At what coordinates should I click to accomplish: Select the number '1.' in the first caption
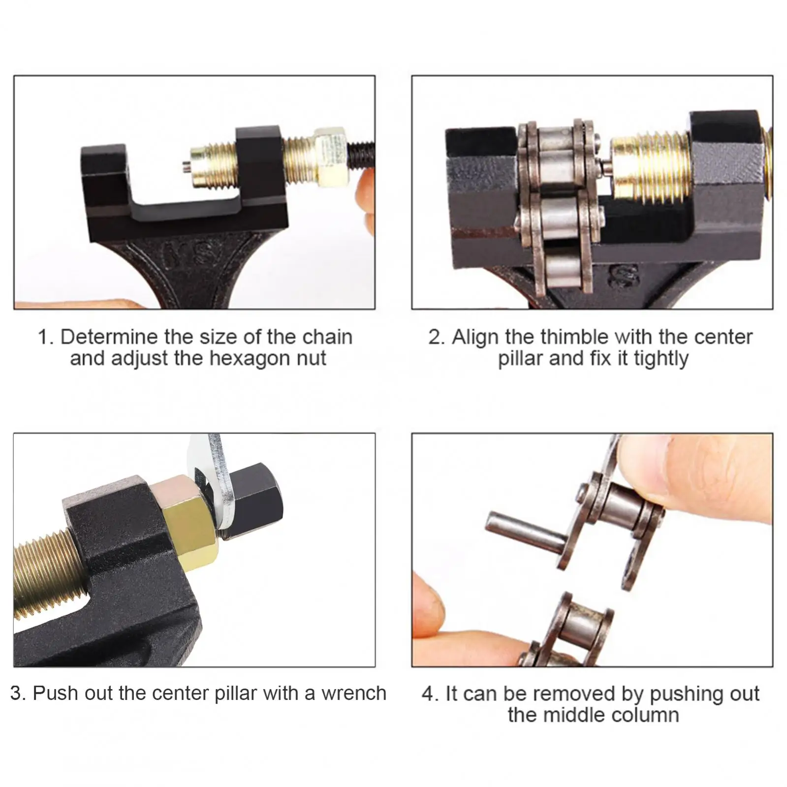point(45,337)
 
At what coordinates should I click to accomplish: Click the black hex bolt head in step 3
point(256,502)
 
